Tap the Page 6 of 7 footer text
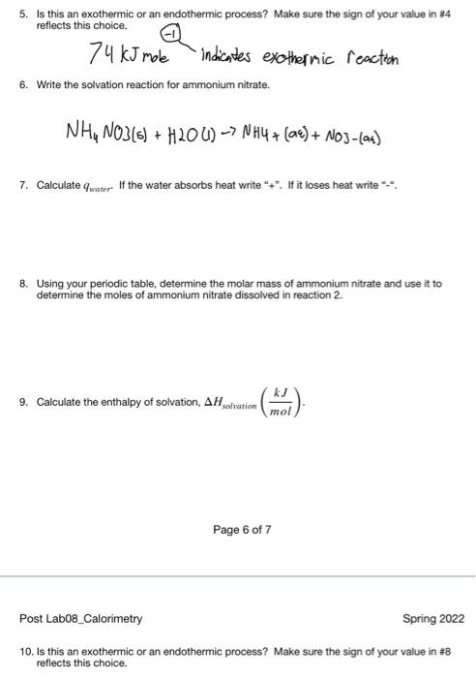pyautogui.click(x=242, y=530)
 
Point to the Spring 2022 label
pyautogui.click(x=433, y=618)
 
